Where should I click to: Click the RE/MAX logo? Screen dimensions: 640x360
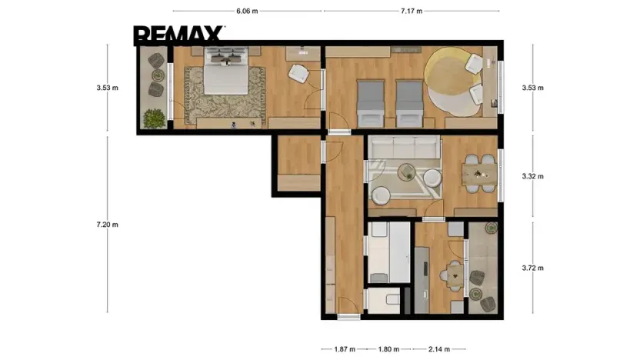click(x=178, y=35)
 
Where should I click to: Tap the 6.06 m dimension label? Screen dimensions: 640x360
click(x=247, y=11)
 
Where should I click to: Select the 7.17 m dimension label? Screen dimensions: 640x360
click(x=412, y=11)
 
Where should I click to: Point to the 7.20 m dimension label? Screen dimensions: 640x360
click(x=108, y=225)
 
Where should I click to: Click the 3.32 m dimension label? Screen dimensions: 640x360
click(x=532, y=176)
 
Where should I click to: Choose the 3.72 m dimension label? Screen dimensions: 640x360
click(x=532, y=268)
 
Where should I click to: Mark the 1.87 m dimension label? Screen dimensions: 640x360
click(x=345, y=349)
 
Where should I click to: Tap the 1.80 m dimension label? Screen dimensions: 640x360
click(x=388, y=349)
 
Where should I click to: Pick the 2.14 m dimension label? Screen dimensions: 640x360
click(x=439, y=349)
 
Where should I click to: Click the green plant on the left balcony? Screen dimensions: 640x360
click(x=155, y=118)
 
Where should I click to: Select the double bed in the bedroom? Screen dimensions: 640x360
click(x=226, y=71)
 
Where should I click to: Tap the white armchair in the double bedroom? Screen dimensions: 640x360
click(x=298, y=73)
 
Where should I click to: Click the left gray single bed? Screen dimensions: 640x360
click(x=371, y=103)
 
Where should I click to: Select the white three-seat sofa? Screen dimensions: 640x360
click(x=404, y=148)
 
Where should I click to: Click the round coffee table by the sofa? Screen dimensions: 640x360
click(x=407, y=172)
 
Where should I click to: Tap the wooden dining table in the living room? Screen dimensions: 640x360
click(x=479, y=174)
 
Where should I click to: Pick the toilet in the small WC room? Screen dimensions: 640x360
click(x=392, y=299)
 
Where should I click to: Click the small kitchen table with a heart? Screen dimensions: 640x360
click(x=455, y=276)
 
